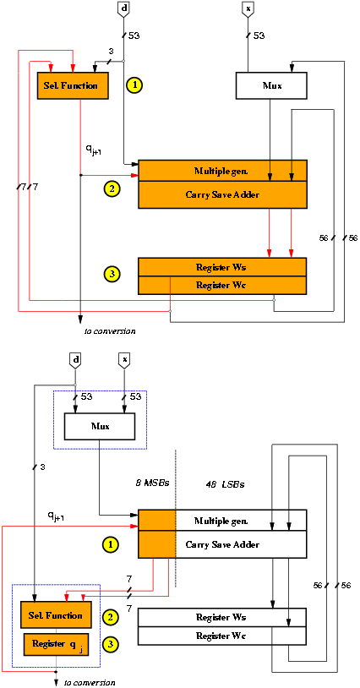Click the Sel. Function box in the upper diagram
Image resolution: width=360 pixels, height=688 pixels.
[73, 85]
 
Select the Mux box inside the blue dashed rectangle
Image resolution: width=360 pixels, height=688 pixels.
[99, 426]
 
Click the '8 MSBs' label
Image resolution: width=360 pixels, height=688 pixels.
[152, 484]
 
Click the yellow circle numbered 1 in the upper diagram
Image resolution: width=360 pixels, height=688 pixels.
[135, 85]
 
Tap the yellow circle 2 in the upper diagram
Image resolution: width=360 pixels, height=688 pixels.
[112, 189]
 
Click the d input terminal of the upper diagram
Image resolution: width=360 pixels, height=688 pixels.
[123, 9]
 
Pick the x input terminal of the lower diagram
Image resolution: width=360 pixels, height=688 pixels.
[124, 360]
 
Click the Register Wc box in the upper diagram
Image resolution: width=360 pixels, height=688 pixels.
[222, 285]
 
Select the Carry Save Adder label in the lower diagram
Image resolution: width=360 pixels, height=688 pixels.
[222, 545]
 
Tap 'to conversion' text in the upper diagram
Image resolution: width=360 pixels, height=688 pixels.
[110, 330]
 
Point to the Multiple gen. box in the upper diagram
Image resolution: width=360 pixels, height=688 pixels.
[222, 171]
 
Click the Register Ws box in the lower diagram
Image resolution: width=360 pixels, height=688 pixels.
[222, 617]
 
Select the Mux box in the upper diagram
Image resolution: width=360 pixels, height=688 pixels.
[271, 85]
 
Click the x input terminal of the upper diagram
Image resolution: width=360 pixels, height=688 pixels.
[248, 9]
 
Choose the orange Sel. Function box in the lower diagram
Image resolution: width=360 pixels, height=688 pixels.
[57, 614]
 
